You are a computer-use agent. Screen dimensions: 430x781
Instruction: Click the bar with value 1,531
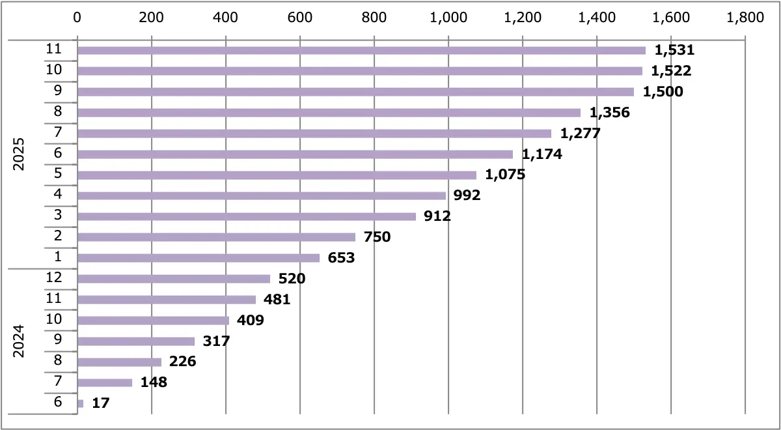(x=361, y=50)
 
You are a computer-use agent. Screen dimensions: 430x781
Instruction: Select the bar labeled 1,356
(x=329, y=113)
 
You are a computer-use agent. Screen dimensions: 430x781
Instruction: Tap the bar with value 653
(x=199, y=258)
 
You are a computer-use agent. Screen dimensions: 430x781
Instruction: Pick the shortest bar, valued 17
(x=80, y=403)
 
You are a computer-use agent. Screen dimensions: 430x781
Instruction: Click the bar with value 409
(x=153, y=321)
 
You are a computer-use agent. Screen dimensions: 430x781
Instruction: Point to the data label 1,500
(x=663, y=92)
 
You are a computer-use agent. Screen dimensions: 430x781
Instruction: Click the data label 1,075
(x=505, y=175)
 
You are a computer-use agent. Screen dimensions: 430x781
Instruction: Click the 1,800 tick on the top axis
(x=745, y=18)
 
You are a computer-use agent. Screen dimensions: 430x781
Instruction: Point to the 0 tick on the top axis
(x=77, y=18)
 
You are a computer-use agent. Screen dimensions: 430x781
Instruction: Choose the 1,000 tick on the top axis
(x=448, y=18)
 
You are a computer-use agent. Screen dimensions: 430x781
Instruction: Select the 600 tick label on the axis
(x=300, y=18)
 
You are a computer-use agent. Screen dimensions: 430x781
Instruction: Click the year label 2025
(x=19, y=154)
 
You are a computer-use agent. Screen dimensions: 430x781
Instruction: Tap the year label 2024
(x=19, y=341)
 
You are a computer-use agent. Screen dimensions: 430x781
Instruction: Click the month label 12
(x=54, y=278)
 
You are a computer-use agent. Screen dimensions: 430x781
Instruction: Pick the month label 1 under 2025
(x=58, y=257)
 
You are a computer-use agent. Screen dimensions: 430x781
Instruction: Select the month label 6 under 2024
(x=58, y=402)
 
